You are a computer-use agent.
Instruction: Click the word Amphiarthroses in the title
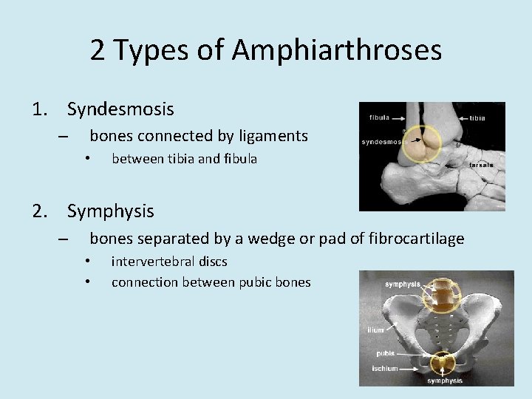click(336, 50)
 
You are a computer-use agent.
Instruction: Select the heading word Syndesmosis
click(120, 109)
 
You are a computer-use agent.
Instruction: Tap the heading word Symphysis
click(111, 211)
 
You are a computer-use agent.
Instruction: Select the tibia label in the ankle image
click(477, 117)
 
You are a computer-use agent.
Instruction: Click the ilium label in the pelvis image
click(376, 330)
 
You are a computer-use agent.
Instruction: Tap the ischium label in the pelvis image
click(384, 368)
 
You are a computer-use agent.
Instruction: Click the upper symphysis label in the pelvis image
click(402, 284)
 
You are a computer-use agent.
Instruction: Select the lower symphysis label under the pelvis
click(445, 381)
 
